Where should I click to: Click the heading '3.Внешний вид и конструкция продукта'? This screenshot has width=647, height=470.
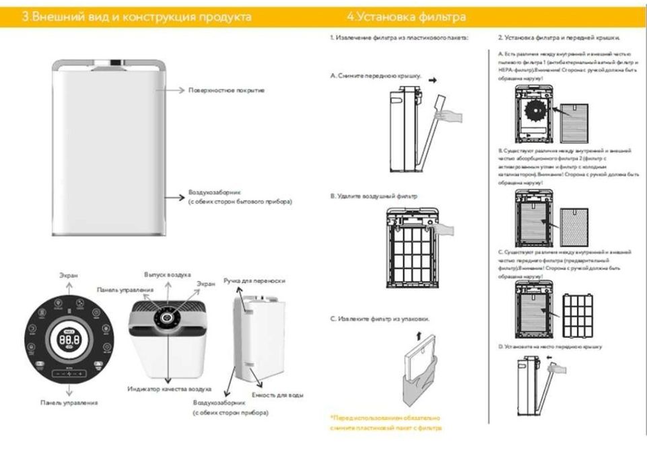click(x=137, y=17)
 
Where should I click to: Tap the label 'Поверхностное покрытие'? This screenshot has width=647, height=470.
click(x=227, y=89)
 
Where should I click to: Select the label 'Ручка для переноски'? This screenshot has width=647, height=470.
click(x=254, y=280)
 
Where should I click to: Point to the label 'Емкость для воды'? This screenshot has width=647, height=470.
click(x=277, y=394)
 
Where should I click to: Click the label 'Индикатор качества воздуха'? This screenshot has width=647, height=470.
click(x=170, y=389)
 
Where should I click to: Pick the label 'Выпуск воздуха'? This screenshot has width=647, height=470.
click(x=168, y=275)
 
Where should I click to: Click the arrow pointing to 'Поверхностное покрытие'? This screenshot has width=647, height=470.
click(x=176, y=89)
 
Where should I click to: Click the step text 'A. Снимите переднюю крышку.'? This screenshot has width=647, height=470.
click(x=375, y=77)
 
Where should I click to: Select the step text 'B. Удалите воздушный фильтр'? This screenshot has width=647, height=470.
click(x=374, y=196)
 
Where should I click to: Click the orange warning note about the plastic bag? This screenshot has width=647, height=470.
click(x=386, y=422)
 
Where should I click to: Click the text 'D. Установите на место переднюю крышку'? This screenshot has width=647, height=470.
click(x=549, y=346)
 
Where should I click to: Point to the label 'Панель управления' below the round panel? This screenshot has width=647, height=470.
click(x=68, y=402)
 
